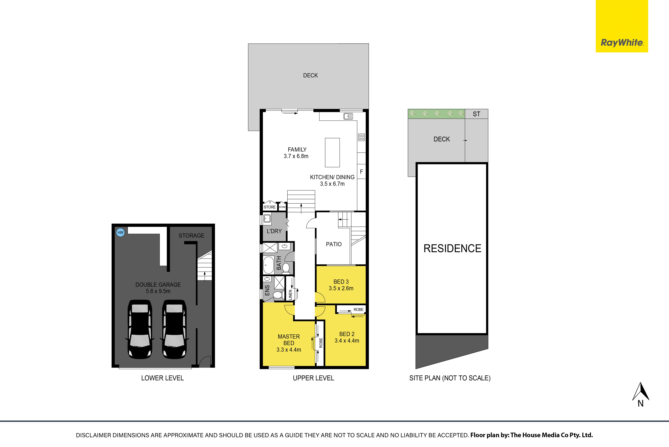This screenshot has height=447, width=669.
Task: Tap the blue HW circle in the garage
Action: (121, 232)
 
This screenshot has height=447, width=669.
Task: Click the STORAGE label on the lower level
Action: (191, 235)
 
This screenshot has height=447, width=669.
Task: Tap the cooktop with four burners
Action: (361, 137)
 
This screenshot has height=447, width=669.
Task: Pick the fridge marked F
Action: (361, 172)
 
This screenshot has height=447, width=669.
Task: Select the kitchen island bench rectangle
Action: (332, 152)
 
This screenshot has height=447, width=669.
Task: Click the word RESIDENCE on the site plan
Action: (452, 248)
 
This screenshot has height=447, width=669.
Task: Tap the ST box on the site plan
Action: (476, 114)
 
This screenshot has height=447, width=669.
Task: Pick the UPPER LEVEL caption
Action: (313, 378)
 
